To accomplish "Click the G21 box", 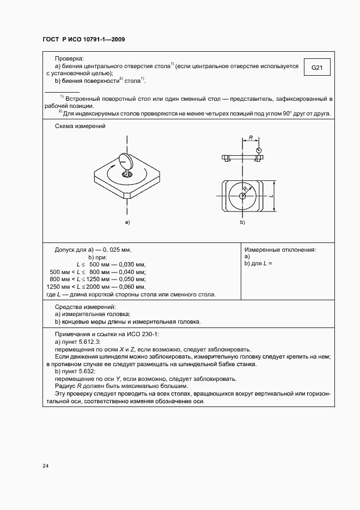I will click(317, 68).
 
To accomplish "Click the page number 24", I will click(46, 466).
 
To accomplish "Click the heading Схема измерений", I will click(80, 126).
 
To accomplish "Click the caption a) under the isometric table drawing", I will click(127, 223).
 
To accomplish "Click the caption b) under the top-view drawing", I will click(242, 223).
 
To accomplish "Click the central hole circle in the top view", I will click(242, 195).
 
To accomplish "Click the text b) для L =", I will click(258, 264).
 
